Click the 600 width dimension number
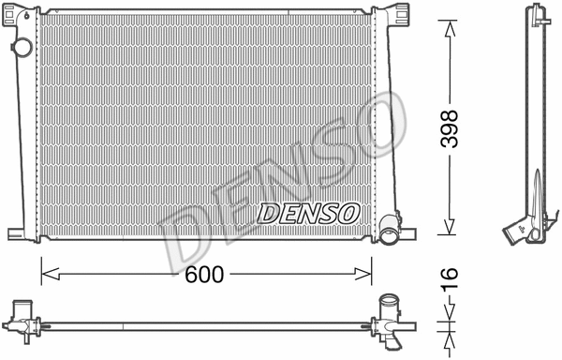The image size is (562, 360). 204,274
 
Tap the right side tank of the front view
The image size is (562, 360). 379,122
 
